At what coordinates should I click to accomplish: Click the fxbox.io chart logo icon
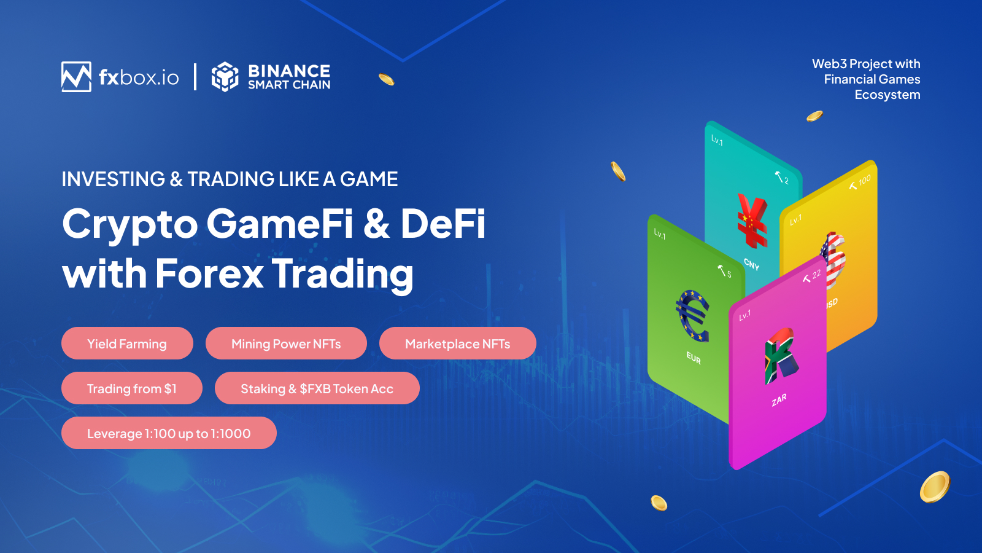coord(76,77)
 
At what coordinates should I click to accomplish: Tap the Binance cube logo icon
coord(225,77)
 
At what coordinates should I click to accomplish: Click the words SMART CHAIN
coord(289,85)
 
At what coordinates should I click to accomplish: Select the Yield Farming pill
coord(127,343)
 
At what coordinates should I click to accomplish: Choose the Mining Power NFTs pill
coord(286,343)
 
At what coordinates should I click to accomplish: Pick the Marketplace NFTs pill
coord(457,343)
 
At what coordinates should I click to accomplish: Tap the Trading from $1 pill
coord(131,388)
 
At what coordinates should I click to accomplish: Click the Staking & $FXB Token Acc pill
coord(317,388)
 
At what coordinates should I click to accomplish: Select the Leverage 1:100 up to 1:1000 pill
coord(169,433)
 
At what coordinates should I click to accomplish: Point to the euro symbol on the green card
coord(693,315)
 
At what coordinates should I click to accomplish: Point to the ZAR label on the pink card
coord(779,401)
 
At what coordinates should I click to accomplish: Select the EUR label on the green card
coord(694,358)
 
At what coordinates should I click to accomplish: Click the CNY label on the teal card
coord(752,264)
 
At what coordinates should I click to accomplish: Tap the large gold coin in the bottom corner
coord(935,487)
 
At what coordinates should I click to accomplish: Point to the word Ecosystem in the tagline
coord(887,95)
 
